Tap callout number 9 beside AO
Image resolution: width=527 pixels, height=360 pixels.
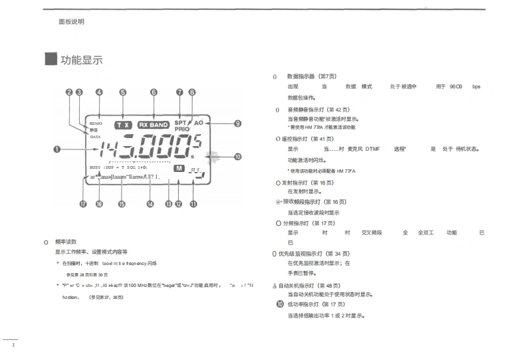pyautogui.click(x=237, y=124)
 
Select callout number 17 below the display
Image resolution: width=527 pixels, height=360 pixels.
pyautogui.click(x=83, y=205)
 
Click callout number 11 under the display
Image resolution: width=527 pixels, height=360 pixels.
pyautogui.click(x=193, y=205)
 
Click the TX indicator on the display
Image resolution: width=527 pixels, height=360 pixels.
pyautogui.click(x=122, y=124)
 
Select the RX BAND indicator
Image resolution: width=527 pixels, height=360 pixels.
pyautogui.click(x=154, y=124)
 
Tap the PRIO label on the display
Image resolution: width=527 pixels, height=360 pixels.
pyautogui.click(x=182, y=129)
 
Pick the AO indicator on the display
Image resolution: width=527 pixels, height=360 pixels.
pyautogui.click(x=198, y=123)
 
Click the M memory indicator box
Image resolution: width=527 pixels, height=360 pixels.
pyautogui.click(x=178, y=169)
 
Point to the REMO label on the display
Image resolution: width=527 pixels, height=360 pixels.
pyautogui.click(x=95, y=124)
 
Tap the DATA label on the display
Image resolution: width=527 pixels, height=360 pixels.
pyautogui.click(x=95, y=136)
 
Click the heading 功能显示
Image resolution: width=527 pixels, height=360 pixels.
pyautogui.click(x=82, y=60)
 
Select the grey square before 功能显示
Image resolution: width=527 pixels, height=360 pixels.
pyautogui.click(x=50, y=60)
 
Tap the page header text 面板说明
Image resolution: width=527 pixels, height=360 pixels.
pyautogui.click(x=71, y=21)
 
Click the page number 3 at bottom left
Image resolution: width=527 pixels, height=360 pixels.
pyautogui.click(x=12, y=345)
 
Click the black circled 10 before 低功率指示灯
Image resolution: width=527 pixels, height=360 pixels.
pyautogui.click(x=280, y=304)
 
